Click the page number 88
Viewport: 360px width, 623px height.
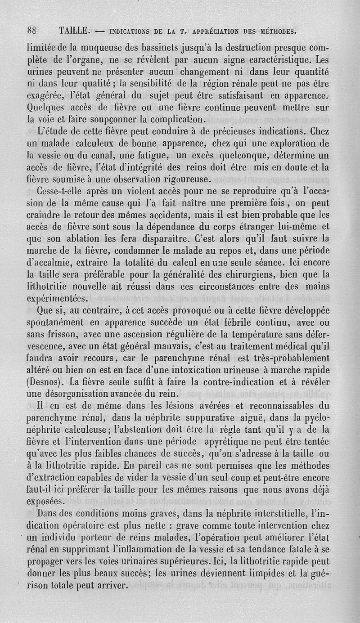pos(32,31)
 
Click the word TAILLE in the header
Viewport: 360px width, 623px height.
pos(75,31)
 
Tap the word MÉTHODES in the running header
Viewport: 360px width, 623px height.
pos(275,31)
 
